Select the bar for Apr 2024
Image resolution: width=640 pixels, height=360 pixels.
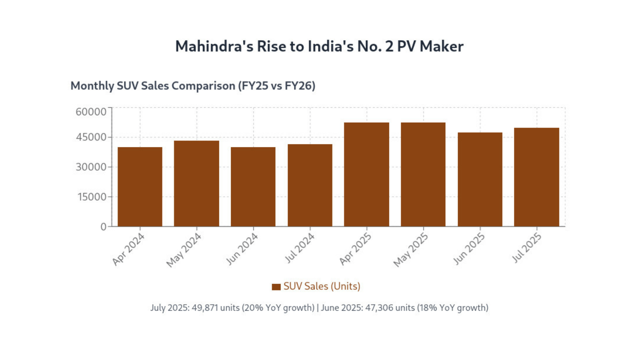pyautogui.click(x=140, y=187)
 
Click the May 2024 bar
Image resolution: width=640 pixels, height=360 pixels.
pyautogui.click(x=197, y=184)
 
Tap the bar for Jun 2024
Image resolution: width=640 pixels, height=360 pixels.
pyautogui.click(x=253, y=187)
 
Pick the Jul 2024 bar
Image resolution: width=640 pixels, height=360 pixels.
pyautogui.click(x=310, y=185)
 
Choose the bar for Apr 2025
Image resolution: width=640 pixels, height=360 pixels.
pyautogui.click(x=367, y=175)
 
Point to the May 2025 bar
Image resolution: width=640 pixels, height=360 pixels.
pyautogui.click(x=423, y=175)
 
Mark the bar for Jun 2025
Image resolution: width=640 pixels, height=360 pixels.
pyautogui.click(x=480, y=180)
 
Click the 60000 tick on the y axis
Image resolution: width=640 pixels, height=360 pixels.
pyautogui.click(x=91, y=112)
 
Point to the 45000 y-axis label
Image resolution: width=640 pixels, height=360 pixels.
pyautogui.click(x=91, y=137)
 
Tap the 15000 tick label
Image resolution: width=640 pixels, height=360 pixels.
pyautogui.click(x=92, y=197)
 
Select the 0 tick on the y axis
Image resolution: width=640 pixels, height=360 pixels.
pyautogui.click(x=103, y=227)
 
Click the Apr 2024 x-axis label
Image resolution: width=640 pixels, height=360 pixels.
pyautogui.click(x=129, y=249)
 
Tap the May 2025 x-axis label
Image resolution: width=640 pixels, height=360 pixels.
pyautogui.click(x=411, y=250)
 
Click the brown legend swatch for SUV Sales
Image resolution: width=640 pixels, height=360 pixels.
pyautogui.click(x=276, y=287)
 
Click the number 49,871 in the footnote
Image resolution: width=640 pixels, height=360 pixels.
pyautogui.click(x=205, y=308)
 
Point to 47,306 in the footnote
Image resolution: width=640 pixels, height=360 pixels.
pyautogui.click(x=379, y=308)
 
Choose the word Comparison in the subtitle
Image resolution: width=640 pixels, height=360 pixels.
pyautogui.click(x=203, y=86)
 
